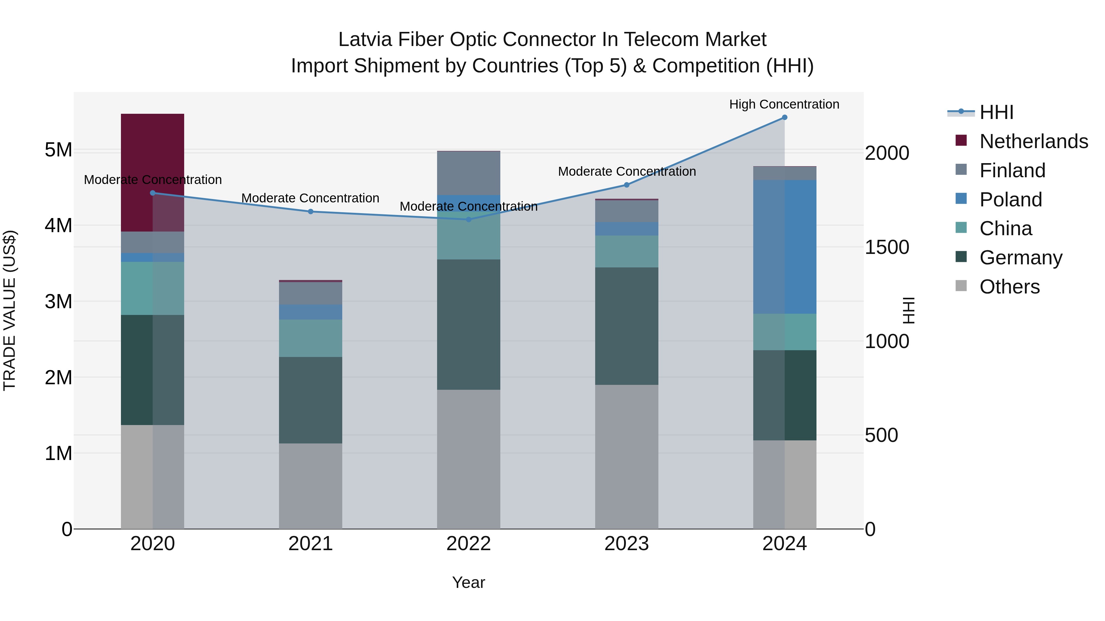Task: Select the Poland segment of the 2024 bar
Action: click(x=785, y=247)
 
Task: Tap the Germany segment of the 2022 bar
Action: click(x=468, y=324)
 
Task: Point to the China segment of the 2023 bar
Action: click(x=626, y=251)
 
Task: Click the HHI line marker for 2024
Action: click(x=785, y=117)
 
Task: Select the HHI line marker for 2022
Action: click(x=468, y=220)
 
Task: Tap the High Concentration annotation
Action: click(x=784, y=104)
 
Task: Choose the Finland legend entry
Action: click(x=1012, y=170)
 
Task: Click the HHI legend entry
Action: click(x=996, y=112)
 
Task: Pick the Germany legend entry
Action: click(x=1021, y=258)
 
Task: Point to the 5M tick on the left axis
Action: click(x=58, y=150)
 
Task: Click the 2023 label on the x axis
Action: click(x=626, y=544)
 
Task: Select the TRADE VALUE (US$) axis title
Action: click(x=10, y=310)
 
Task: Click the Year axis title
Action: click(x=468, y=582)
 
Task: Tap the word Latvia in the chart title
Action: click(x=365, y=40)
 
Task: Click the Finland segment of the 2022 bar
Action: click(x=468, y=173)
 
